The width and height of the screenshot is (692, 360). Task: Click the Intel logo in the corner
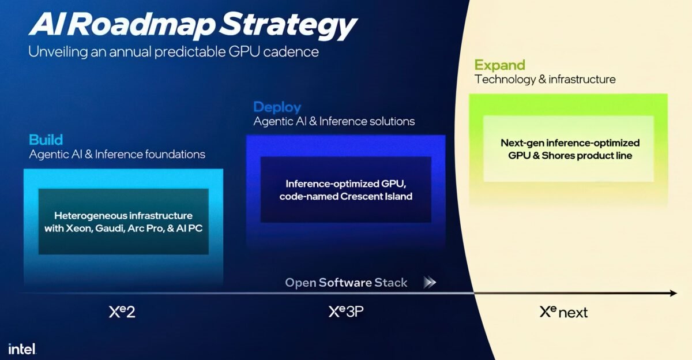click(x=22, y=348)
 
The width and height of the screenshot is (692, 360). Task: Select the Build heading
click(x=46, y=140)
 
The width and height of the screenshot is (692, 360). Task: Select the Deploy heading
click(x=277, y=107)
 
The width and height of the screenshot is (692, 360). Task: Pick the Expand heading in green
click(x=499, y=65)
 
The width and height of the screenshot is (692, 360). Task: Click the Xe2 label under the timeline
click(x=122, y=312)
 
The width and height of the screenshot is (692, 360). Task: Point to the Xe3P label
click(x=346, y=312)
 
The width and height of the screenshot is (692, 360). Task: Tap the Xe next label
click(x=563, y=312)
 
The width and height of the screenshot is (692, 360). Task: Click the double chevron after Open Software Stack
click(x=430, y=283)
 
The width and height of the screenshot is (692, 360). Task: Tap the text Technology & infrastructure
click(x=545, y=79)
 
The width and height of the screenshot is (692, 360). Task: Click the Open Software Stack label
click(x=346, y=283)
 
